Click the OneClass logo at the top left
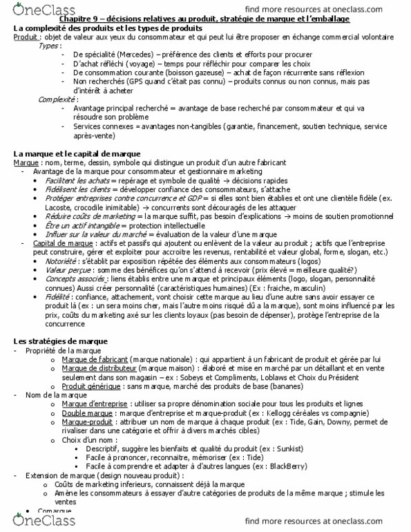(33, 10)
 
